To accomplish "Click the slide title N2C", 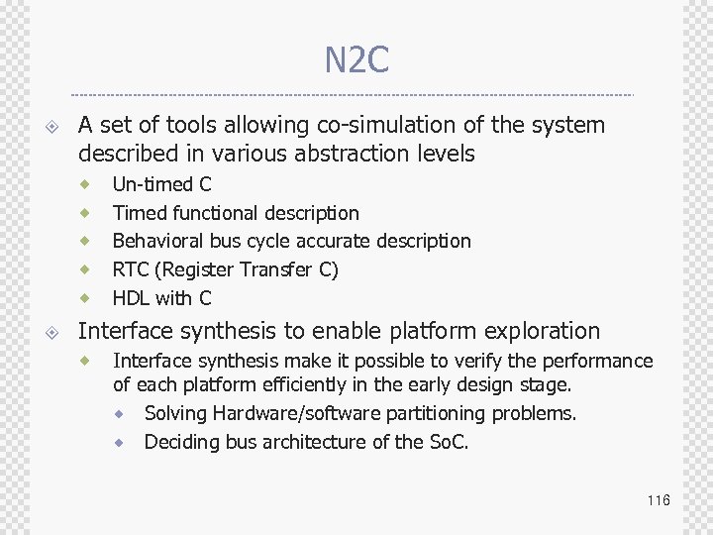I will point(356,61).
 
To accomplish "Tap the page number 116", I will point(659,500).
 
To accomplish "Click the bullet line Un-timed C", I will point(161,184).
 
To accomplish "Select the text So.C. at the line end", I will point(447,442).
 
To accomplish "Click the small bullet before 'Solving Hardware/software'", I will point(119,413).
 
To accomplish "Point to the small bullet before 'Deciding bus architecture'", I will point(119,442).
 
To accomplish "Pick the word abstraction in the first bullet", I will point(356,154).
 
